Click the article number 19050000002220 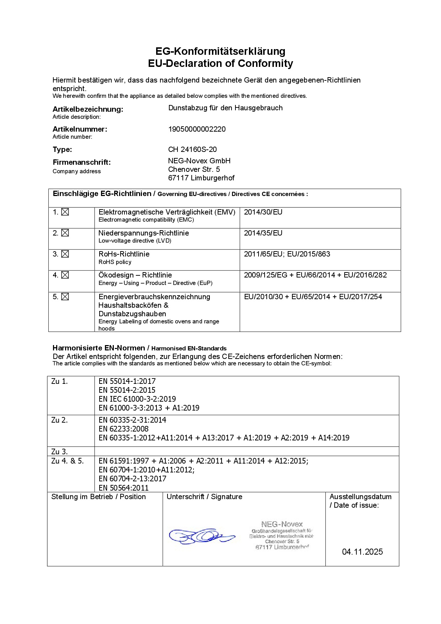(197, 129)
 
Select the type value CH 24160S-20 (192, 149)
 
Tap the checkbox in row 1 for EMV (65, 212)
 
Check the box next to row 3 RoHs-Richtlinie (65, 254)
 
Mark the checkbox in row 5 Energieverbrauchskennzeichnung (65, 297)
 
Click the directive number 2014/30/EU (263, 212)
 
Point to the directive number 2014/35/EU (263, 233)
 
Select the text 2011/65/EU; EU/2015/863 (287, 254)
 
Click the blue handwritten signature (201, 536)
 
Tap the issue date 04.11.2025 (362, 552)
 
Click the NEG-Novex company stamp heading (282, 524)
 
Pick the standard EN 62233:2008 (123, 429)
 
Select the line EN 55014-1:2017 (127, 381)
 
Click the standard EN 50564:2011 (123, 488)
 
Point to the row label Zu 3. (59, 452)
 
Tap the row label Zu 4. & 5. (68, 461)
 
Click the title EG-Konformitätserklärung (220, 51)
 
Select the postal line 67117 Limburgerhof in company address (201, 178)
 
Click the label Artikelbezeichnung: (88, 109)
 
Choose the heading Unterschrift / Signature (204, 497)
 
